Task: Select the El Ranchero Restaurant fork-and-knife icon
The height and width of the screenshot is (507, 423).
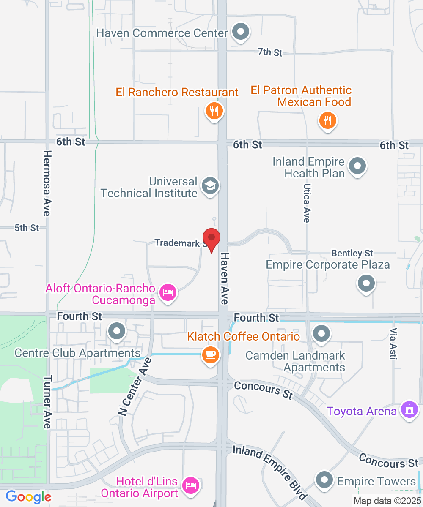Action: (214, 112)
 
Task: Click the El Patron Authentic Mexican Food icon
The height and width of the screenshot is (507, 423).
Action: (327, 121)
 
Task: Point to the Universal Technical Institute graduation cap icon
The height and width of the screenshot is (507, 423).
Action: (209, 185)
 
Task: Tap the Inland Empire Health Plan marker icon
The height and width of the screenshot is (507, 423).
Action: (358, 166)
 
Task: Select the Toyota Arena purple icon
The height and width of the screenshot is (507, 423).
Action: (409, 410)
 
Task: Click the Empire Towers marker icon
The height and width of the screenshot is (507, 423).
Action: (325, 480)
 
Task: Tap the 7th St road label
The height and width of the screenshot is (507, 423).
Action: (270, 52)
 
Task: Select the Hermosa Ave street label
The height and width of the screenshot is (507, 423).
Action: (47, 183)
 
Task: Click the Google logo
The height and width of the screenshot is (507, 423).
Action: (28, 497)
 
